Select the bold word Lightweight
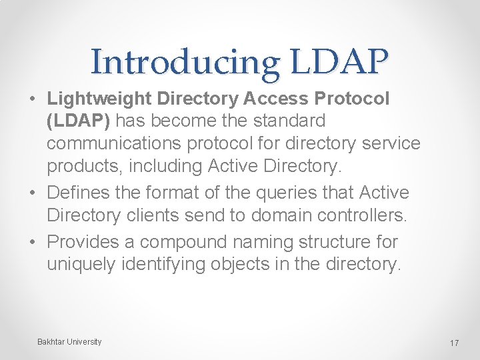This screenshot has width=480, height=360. coord(99,98)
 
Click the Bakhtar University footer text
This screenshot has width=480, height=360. coord(69,342)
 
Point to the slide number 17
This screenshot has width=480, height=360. coord(454,343)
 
